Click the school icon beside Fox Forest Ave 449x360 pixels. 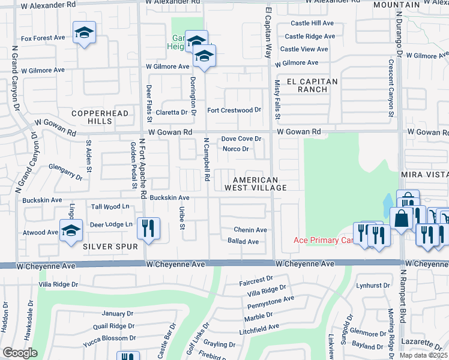click(85, 32)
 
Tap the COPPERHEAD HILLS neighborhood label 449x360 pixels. click(92, 117)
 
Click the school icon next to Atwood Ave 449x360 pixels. click(71, 229)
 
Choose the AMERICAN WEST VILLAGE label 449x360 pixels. click(255, 184)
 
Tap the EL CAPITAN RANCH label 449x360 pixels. click(312, 85)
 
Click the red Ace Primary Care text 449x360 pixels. click(322, 241)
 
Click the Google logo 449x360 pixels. click(19, 353)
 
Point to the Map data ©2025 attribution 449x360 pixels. click(423, 355)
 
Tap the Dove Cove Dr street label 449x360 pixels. click(241, 139)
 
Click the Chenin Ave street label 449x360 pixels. click(250, 230)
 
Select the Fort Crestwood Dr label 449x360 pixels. click(234, 110)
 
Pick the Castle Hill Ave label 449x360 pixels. click(312, 23)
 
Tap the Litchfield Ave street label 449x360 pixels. click(258, 328)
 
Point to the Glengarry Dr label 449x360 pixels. click(65, 173)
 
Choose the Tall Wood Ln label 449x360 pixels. click(110, 206)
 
